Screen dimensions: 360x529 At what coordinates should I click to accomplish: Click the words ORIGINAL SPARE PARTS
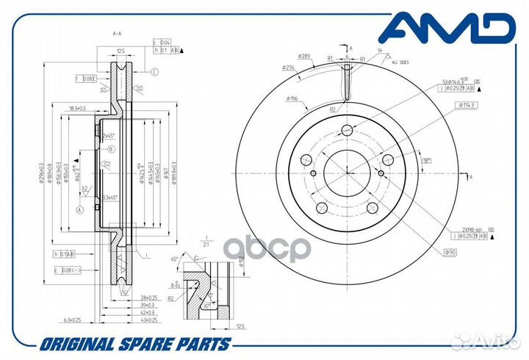pos(135,344)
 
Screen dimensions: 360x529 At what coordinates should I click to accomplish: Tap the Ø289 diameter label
pos(306,56)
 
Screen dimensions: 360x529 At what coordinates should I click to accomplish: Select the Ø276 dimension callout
pos(288,68)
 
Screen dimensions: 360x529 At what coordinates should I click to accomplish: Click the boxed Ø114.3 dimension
pos(467,105)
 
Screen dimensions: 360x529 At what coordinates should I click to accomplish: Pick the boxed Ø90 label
pos(451,253)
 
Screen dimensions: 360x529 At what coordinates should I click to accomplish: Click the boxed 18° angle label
pos(427,160)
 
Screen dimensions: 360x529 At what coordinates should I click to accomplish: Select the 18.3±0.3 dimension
pos(78,108)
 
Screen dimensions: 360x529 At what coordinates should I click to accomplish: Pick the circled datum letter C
pos(155,72)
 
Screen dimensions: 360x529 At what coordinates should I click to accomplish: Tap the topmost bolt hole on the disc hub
pos(348,130)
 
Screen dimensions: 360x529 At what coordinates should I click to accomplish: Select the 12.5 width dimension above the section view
pos(120,51)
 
